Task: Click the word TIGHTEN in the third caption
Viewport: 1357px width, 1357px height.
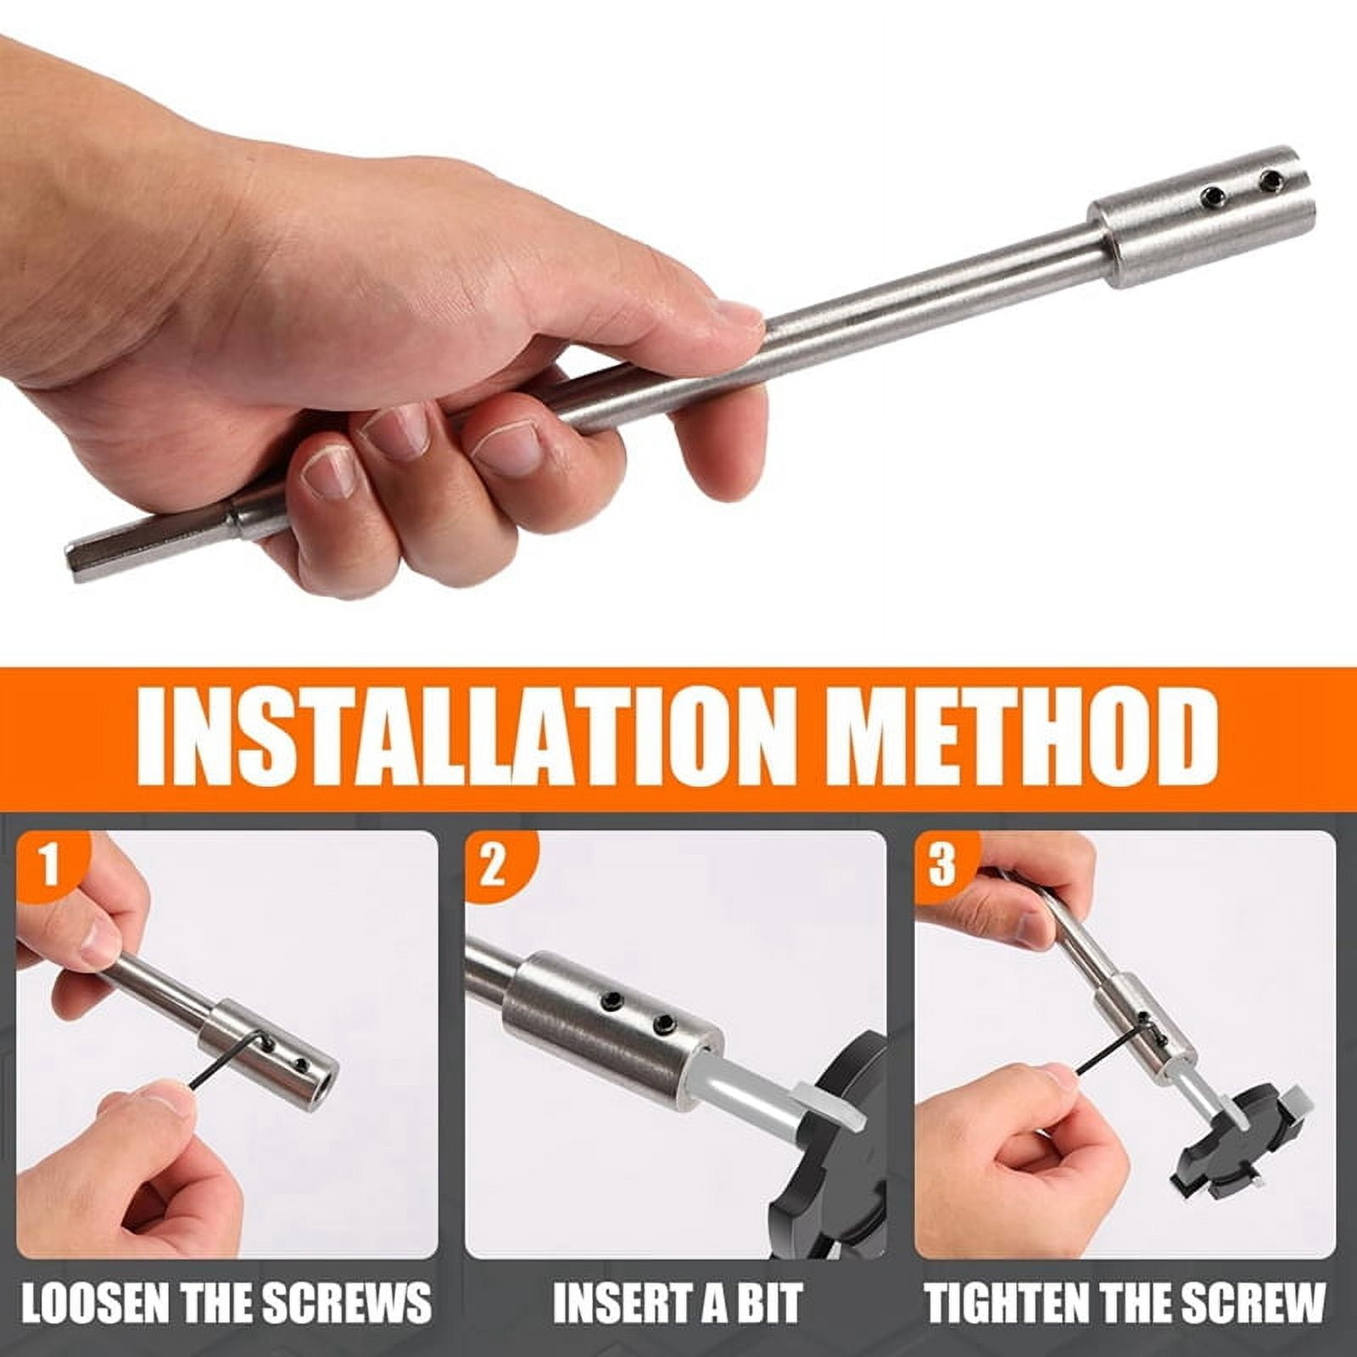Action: [x=1007, y=1302]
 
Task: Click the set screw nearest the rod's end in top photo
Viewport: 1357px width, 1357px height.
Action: [x=1269, y=179]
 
